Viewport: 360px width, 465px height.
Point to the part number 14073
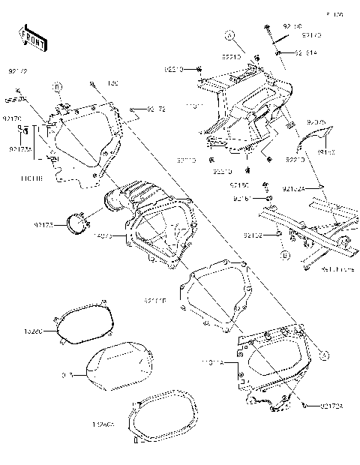[x=99, y=236]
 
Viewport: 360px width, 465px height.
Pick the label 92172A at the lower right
[x=319, y=406]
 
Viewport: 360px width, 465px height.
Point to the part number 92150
[x=240, y=184]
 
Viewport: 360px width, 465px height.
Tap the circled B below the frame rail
[x=285, y=255]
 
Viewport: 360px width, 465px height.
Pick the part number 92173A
[x=19, y=148]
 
